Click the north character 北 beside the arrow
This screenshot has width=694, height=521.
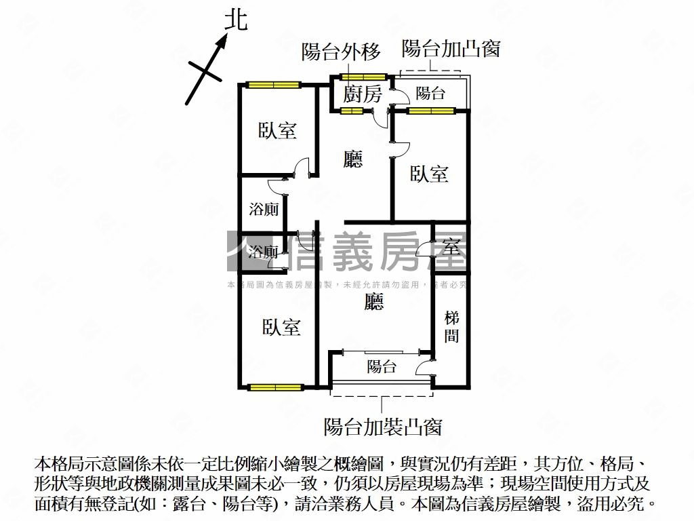(x=236, y=20)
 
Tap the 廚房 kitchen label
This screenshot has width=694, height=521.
(x=363, y=94)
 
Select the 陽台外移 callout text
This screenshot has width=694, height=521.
(x=341, y=52)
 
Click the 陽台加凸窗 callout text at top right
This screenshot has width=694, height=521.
(x=451, y=48)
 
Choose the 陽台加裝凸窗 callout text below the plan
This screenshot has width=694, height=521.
(x=383, y=427)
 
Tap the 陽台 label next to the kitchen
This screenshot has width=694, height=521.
(x=430, y=93)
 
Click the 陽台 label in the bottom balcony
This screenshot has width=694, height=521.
(x=382, y=367)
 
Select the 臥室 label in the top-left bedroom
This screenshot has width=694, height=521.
(x=278, y=130)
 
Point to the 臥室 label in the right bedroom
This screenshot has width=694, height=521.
(x=429, y=174)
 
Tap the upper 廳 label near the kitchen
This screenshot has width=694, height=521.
(x=353, y=159)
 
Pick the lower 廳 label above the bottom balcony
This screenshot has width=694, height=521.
(x=373, y=302)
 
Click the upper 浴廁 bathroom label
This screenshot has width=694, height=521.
(x=264, y=209)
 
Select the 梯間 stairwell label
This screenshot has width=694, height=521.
(x=452, y=326)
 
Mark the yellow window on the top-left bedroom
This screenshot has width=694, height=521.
(x=273, y=85)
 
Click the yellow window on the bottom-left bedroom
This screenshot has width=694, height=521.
(x=274, y=387)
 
